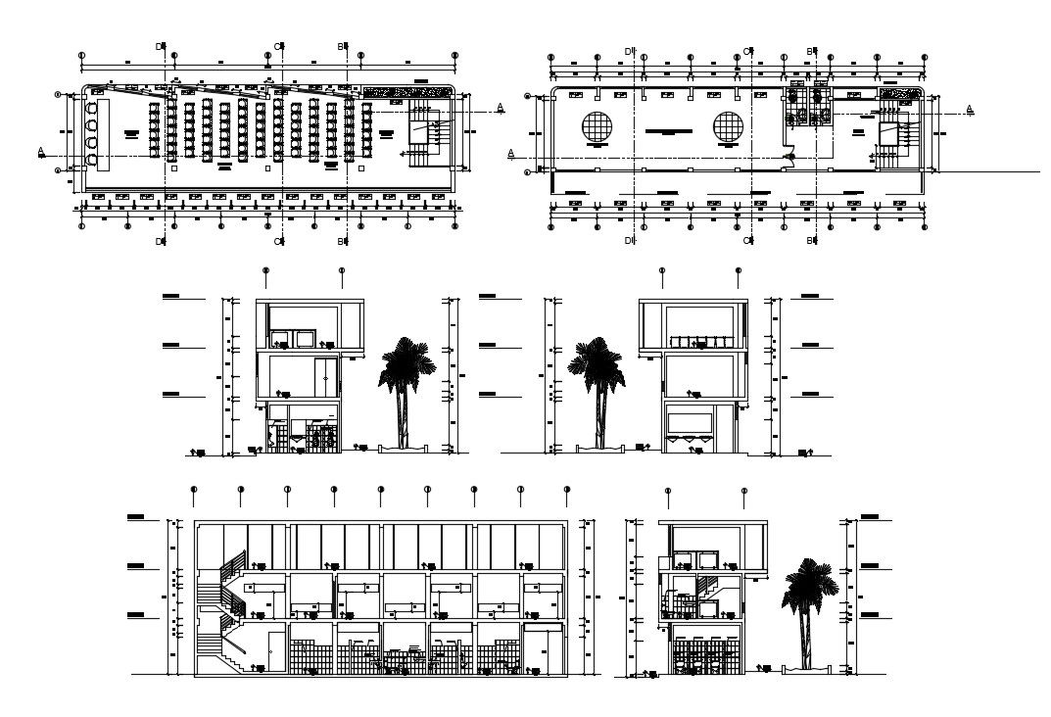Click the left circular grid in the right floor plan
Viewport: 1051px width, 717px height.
(597, 128)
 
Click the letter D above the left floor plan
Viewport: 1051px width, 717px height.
(159, 46)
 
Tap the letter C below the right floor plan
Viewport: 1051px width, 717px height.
(746, 240)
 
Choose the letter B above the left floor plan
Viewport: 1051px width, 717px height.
(340, 46)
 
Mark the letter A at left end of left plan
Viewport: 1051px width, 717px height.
(40, 151)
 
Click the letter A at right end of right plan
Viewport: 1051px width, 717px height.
(970, 109)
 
